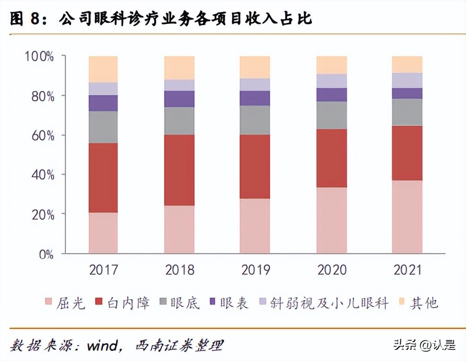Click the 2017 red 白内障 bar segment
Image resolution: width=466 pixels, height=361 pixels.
pos(103,178)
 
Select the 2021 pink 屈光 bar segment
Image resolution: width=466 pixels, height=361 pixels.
pos(407,217)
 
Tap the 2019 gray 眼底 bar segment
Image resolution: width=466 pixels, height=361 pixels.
pos(255,120)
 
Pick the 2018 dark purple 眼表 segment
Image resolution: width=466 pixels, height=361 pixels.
pos(179,99)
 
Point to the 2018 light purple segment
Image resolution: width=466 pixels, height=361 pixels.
pos(179,85)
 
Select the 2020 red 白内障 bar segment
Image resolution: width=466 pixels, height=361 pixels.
pos(331,158)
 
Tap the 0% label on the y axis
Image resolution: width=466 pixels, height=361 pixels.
pos(46,254)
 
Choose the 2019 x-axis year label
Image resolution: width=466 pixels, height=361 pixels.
pos(255,270)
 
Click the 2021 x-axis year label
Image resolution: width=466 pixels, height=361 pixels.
pos(407,270)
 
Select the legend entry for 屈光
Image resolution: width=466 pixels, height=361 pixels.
pos(65,303)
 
